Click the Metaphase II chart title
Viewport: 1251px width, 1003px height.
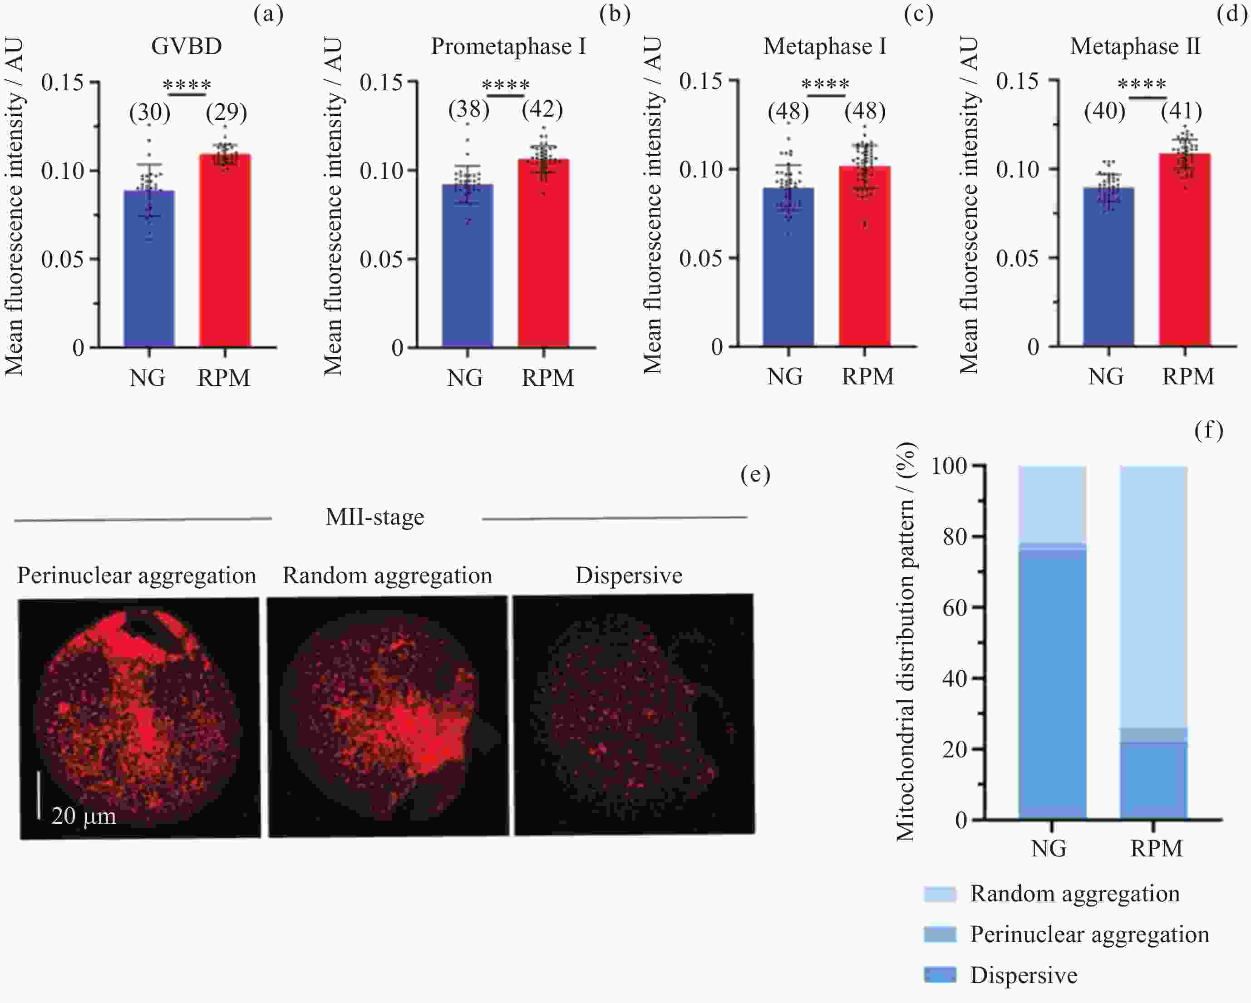click(x=1134, y=46)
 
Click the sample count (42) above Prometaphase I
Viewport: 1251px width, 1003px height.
click(x=542, y=109)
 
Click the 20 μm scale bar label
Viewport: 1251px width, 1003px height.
click(x=84, y=816)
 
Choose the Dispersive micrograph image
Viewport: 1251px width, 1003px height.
click(x=634, y=715)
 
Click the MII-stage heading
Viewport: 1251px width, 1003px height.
click(x=375, y=517)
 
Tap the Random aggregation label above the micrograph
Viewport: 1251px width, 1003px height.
click(x=387, y=575)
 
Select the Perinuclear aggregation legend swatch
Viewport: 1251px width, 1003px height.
click(x=940, y=934)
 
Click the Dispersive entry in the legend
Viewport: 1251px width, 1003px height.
click(x=1023, y=975)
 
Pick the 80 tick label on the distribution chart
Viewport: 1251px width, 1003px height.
click(x=955, y=536)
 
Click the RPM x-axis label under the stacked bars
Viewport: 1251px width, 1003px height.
click(x=1156, y=849)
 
